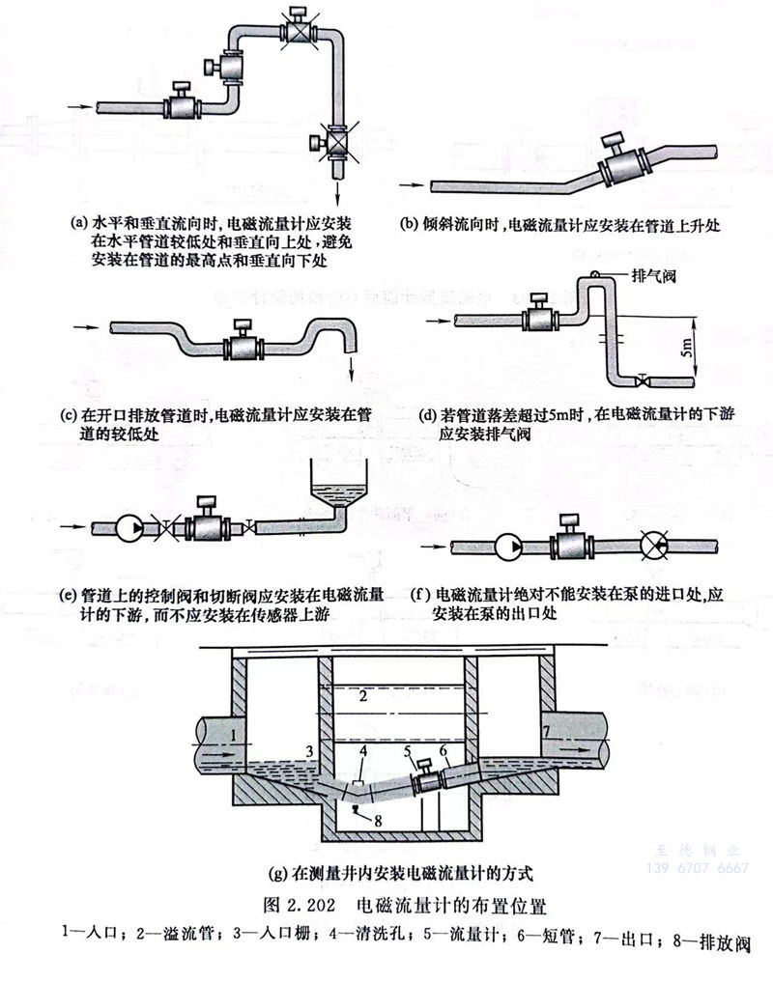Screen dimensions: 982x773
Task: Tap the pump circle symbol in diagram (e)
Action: (129, 526)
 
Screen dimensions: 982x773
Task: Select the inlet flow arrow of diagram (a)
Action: (84, 104)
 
